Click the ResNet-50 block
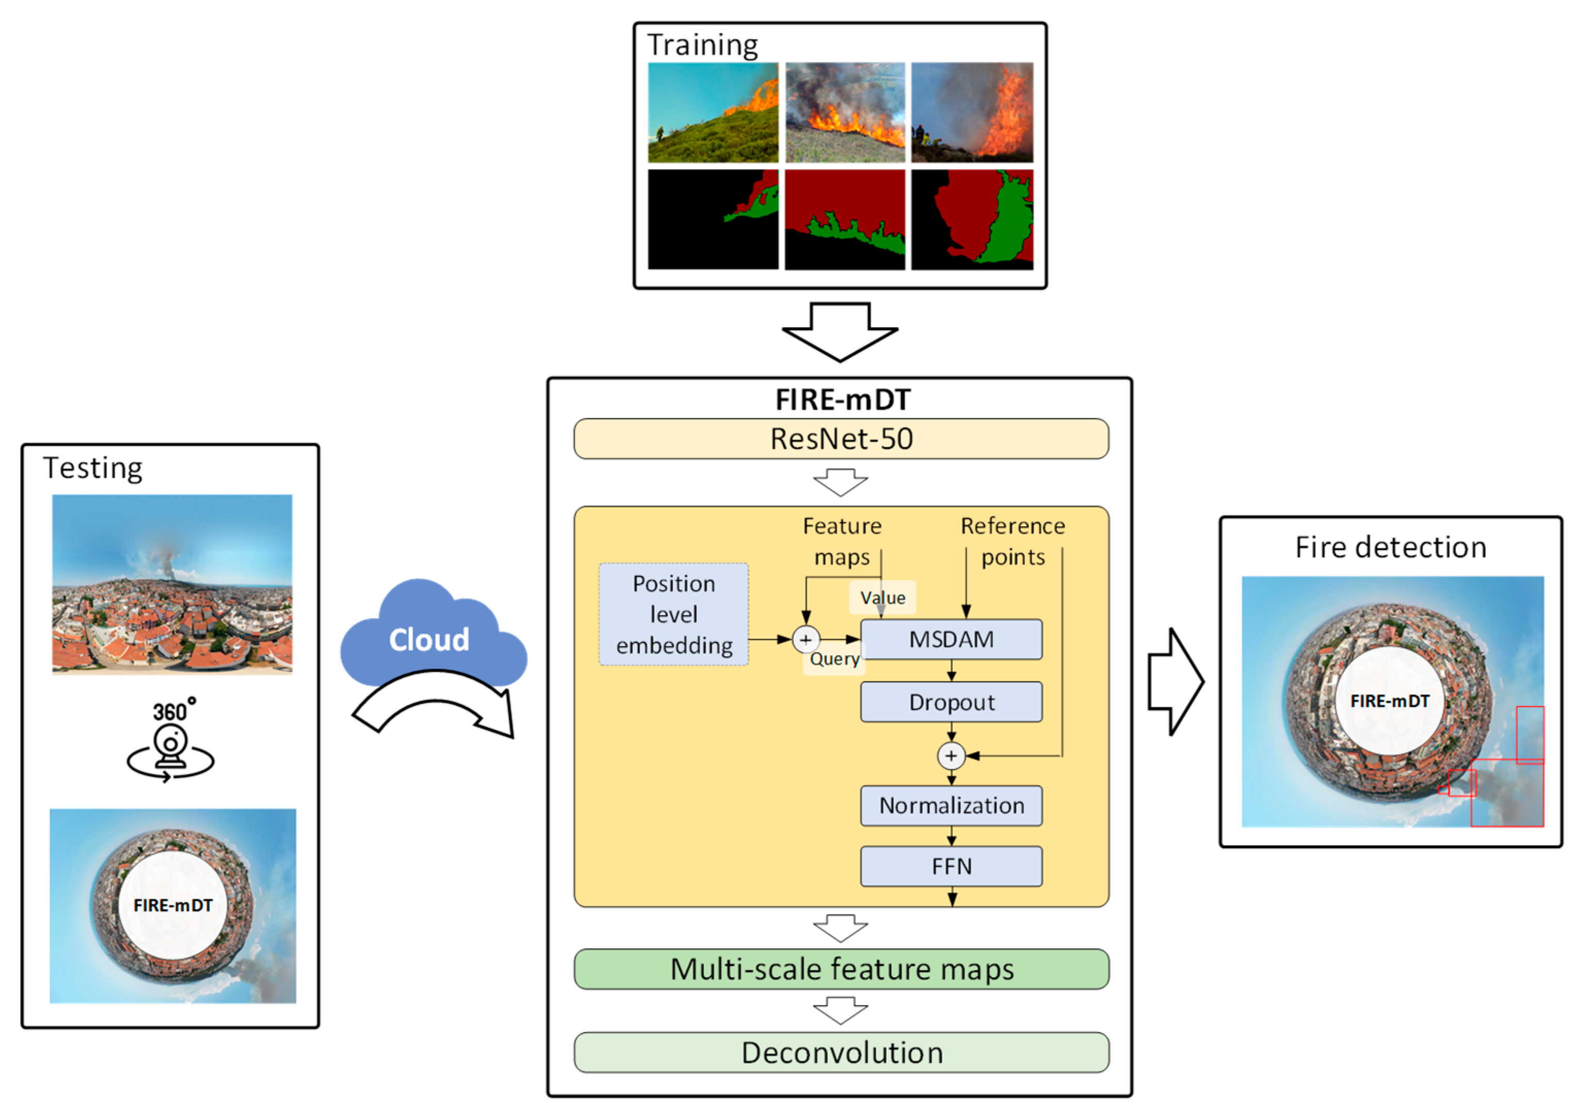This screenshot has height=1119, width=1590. point(841,439)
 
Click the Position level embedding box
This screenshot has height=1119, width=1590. point(673,614)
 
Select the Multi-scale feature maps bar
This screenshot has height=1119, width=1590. point(841,969)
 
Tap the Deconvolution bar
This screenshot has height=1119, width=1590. point(841,1052)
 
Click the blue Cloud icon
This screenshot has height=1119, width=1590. point(429,634)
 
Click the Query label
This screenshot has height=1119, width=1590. point(835,659)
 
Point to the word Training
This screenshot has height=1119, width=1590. point(702,45)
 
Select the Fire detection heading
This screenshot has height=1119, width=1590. point(1390,547)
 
